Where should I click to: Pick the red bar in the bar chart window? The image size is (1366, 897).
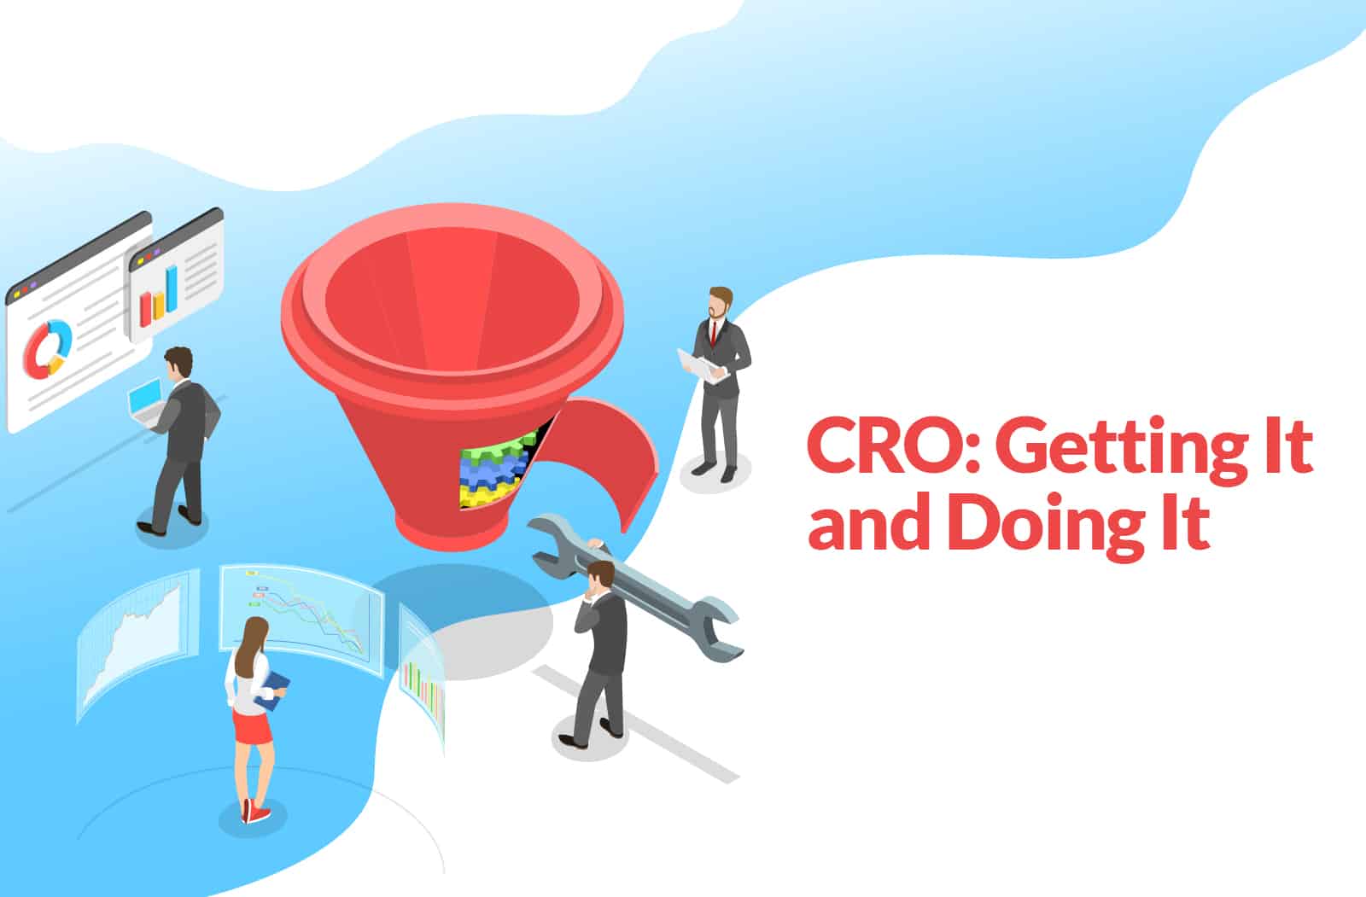[x=146, y=309]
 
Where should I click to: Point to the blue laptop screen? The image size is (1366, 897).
[x=144, y=394]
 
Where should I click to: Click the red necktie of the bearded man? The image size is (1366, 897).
[x=714, y=334]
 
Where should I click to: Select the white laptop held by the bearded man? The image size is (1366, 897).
[x=701, y=366]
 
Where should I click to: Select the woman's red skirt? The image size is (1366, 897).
[x=253, y=725]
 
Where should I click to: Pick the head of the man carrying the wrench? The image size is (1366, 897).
[x=601, y=575]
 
